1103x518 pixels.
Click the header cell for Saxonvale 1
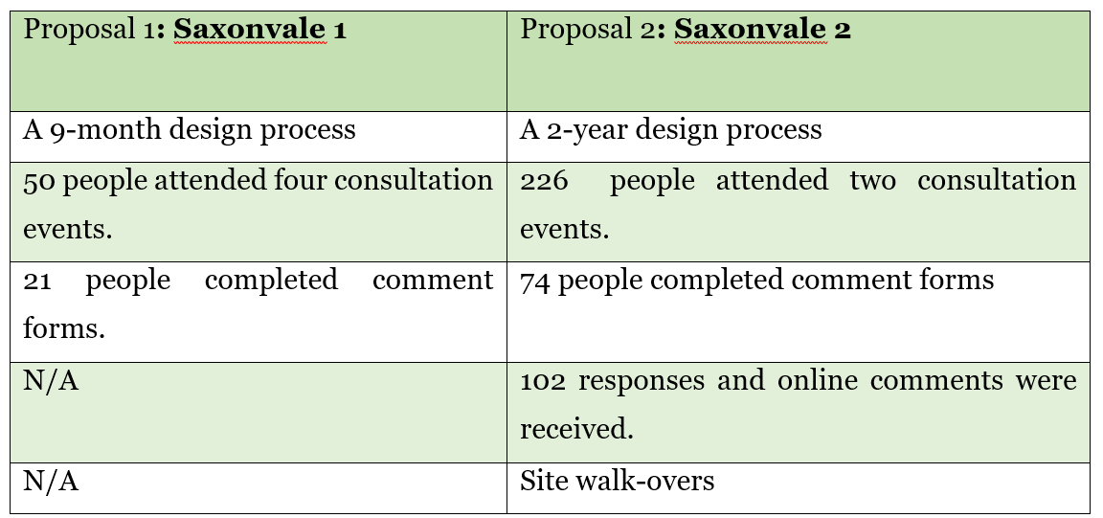[259, 61]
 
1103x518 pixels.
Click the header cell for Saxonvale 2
[798, 61]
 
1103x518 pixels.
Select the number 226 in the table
[544, 181]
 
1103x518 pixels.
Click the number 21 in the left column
[36, 281]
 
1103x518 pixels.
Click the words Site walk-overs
[617, 481]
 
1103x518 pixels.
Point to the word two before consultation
[872, 181]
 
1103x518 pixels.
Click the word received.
[576, 429]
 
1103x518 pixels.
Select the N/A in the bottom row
[51, 481]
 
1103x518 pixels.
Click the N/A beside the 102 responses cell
[51, 381]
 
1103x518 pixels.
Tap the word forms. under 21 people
[64, 328]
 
